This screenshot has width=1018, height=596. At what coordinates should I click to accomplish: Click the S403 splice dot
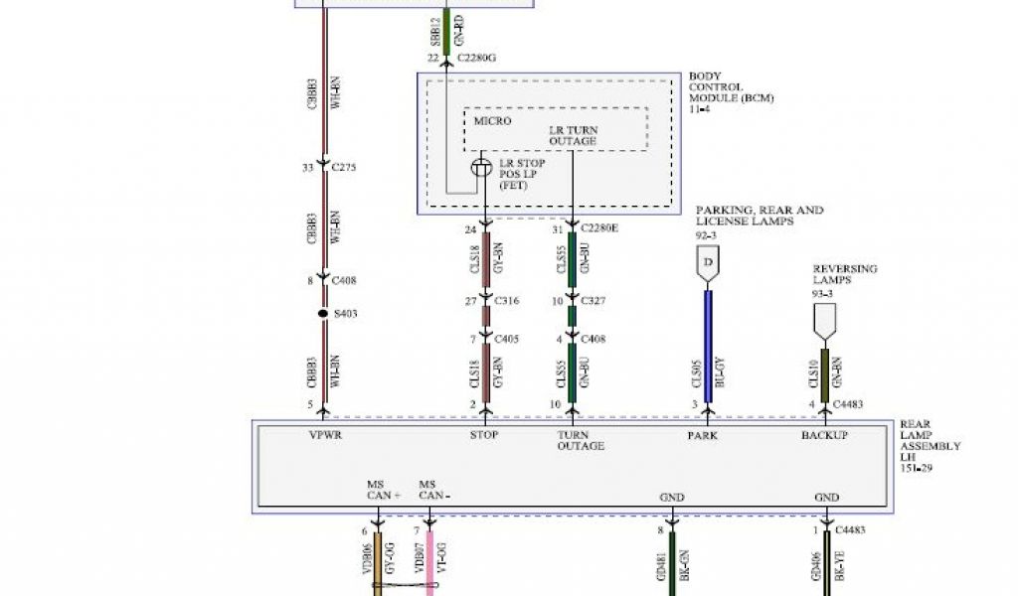[x=323, y=314]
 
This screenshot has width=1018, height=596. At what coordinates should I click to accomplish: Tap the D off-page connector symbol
[x=708, y=263]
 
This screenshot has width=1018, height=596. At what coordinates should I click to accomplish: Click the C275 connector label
[x=343, y=167]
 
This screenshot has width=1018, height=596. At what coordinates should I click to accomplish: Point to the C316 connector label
[x=506, y=301]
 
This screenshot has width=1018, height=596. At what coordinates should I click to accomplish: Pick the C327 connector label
[x=594, y=301]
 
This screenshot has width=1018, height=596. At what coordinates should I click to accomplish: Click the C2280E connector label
[x=599, y=229]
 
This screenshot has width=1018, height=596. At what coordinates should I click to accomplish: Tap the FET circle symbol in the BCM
[x=481, y=168]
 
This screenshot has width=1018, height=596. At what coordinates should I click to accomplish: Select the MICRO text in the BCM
[x=492, y=121]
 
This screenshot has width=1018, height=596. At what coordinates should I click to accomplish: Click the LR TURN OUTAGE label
[x=573, y=136]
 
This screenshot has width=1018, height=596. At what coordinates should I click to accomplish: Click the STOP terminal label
[x=484, y=435]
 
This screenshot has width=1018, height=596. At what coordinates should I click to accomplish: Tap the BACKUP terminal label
[x=825, y=435]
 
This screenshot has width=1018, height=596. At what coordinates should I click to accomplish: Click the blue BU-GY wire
[x=708, y=343]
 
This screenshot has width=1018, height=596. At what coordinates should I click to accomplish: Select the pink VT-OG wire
[x=430, y=561]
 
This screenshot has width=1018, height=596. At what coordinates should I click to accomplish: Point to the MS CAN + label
[x=383, y=489]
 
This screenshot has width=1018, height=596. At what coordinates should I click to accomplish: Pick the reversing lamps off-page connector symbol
[x=825, y=319]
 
